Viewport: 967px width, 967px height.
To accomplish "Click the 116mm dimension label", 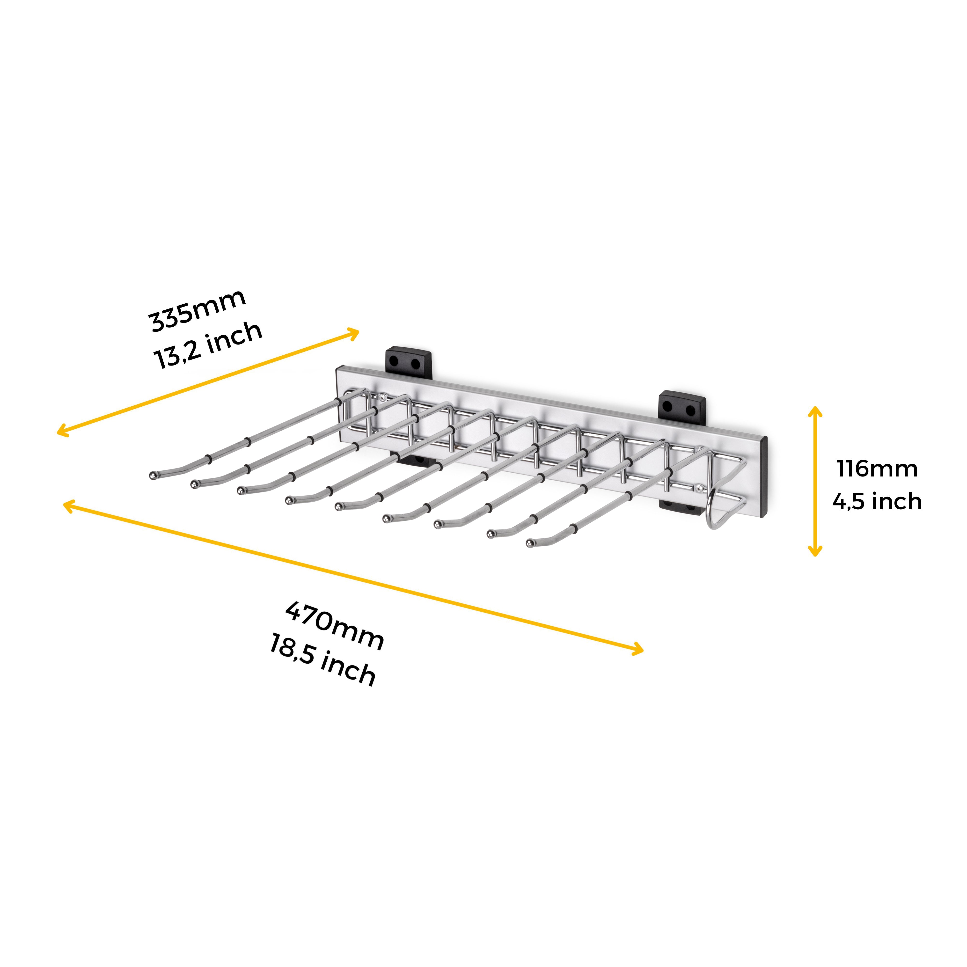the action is point(877,469).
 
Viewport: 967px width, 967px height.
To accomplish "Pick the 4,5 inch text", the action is point(877,501).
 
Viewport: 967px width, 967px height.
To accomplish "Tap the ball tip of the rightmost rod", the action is point(531,543).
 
